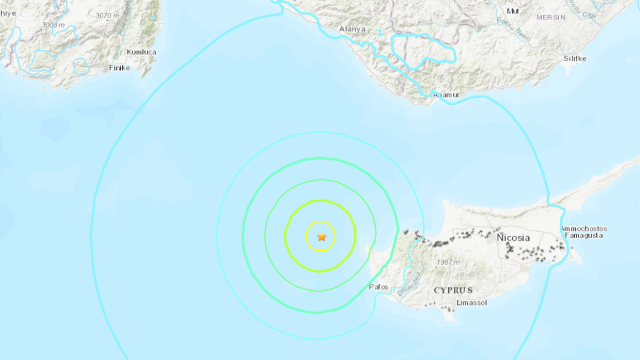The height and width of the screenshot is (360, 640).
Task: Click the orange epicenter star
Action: (x=321, y=237)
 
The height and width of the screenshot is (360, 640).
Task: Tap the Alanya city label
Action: (x=353, y=29)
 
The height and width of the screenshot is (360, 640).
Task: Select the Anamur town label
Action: (x=447, y=95)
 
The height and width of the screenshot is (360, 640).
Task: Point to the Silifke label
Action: (x=575, y=58)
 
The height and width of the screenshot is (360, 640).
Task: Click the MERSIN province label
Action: (x=551, y=17)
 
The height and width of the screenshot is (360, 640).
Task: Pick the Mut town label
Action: (x=513, y=11)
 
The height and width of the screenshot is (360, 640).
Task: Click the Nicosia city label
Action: (x=513, y=238)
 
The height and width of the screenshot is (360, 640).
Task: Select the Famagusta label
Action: (x=584, y=236)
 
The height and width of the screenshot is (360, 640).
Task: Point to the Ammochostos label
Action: (x=584, y=229)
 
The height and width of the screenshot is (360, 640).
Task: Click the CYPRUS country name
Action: (x=453, y=290)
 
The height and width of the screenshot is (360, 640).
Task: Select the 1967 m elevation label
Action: (x=447, y=263)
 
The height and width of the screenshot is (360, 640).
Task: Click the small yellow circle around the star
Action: (x=321, y=223)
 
